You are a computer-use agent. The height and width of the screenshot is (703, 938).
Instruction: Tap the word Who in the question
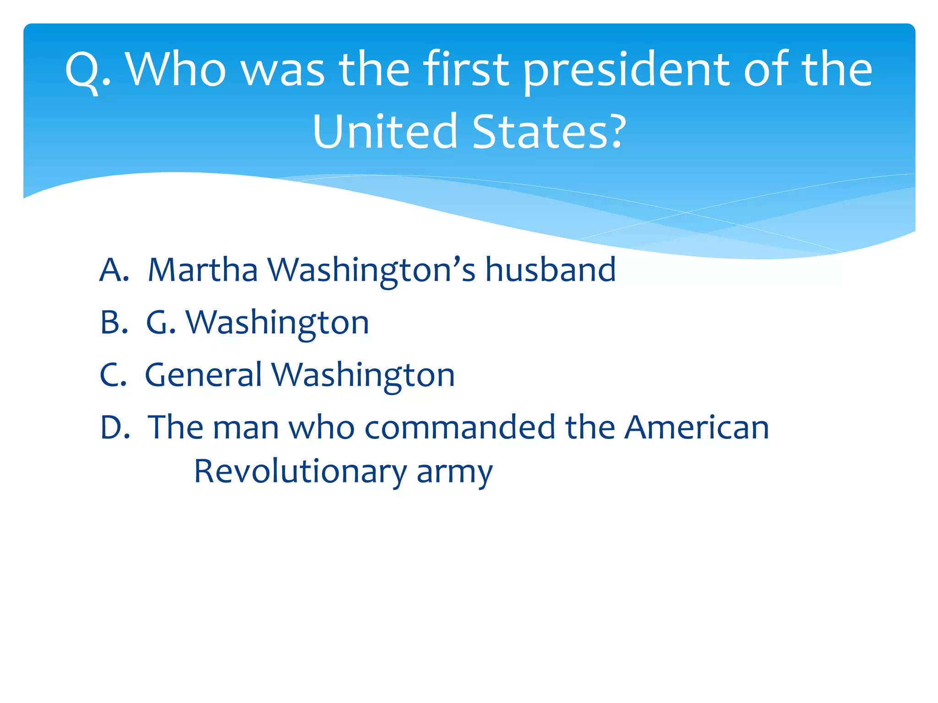click(x=176, y=70)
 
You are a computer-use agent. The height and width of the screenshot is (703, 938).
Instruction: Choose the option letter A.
click(x=113, y=270)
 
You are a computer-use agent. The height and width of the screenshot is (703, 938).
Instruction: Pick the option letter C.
click(x=112, y=374)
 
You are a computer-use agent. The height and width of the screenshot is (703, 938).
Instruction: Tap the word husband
click(x=550, y=270)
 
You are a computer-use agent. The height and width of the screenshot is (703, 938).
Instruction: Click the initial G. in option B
click(x=161, y=322)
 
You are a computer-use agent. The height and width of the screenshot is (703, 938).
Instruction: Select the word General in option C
click(x=203, y=374)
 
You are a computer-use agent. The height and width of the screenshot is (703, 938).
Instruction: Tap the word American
click(x=697, y=427)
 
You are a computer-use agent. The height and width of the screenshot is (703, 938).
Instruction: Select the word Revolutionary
click(x=300, y=472)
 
